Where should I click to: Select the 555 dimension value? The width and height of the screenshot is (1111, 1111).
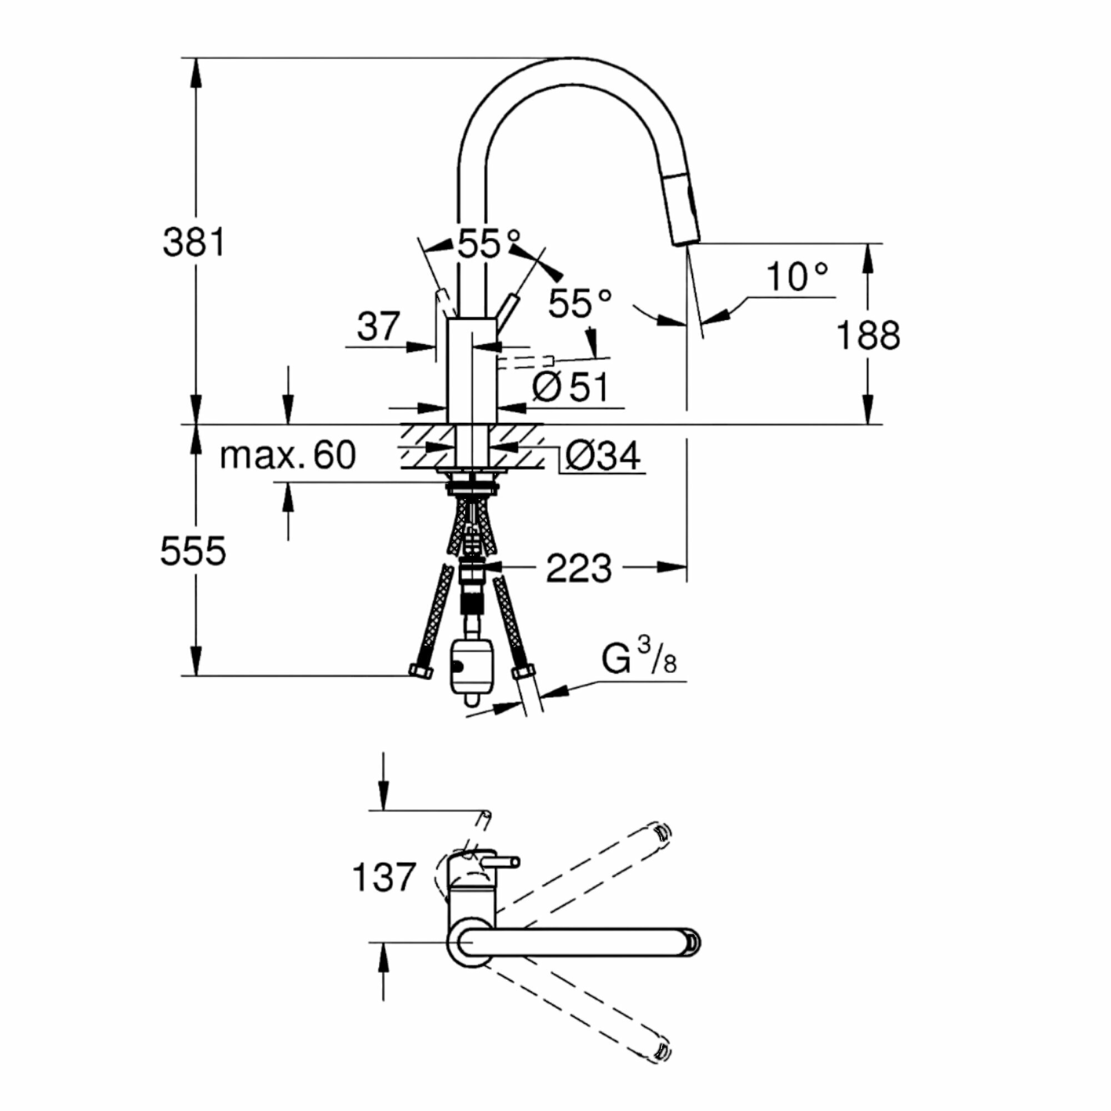tap(193, 551)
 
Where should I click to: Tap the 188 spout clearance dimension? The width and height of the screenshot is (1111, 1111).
tap(867, 336)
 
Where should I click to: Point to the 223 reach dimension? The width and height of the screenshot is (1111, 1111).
tap(578, 569)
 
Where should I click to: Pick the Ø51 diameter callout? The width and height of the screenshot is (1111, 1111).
tap(570, 387)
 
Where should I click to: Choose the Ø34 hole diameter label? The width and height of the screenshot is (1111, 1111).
tap(602, 456)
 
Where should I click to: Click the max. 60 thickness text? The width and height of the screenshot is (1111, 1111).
tap(288, 456)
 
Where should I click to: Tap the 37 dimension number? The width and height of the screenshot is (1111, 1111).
tap(378, 327)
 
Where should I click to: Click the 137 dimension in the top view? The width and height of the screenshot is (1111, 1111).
tap(383, 877)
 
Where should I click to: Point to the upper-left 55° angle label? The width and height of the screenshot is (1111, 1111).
tap(488, 244)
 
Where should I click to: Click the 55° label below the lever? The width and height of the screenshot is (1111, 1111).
tap(579, 303)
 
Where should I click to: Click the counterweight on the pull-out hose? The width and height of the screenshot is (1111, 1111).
tap(471, 667)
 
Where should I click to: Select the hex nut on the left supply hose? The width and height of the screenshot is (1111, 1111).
tap(420, 670)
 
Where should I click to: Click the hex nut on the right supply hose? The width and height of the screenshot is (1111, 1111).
tap(523, 672)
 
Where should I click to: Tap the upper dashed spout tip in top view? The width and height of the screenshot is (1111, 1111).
tap(663, 832)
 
